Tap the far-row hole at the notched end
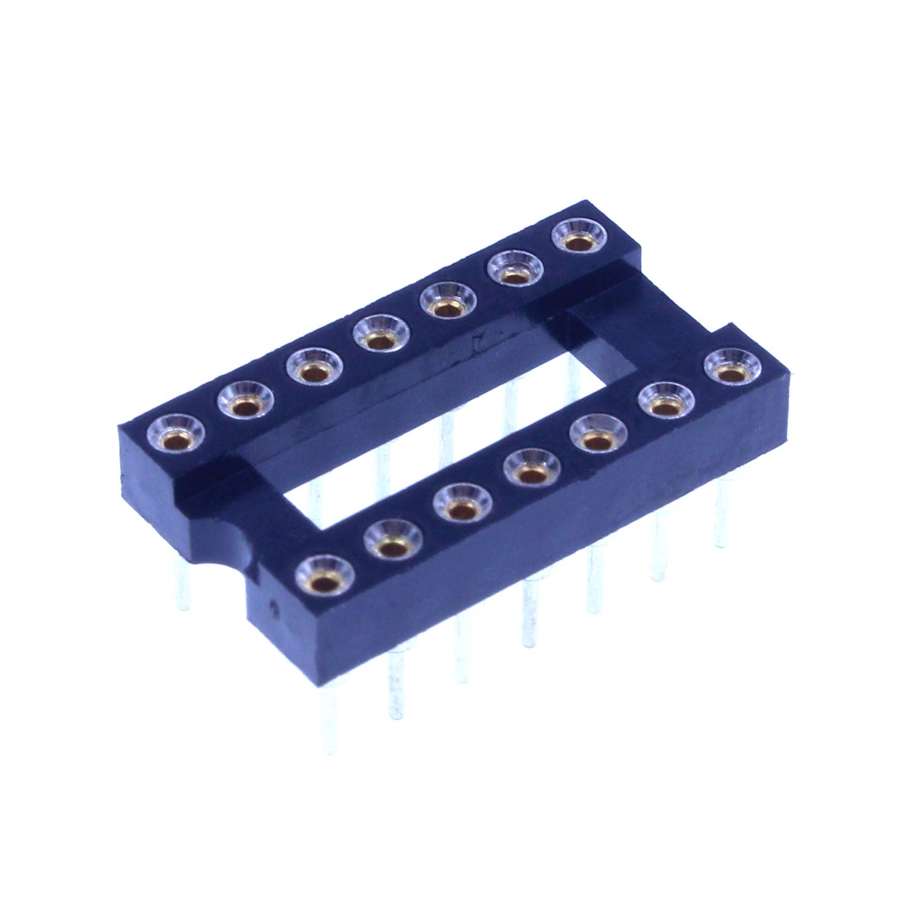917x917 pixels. (174, 435)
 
